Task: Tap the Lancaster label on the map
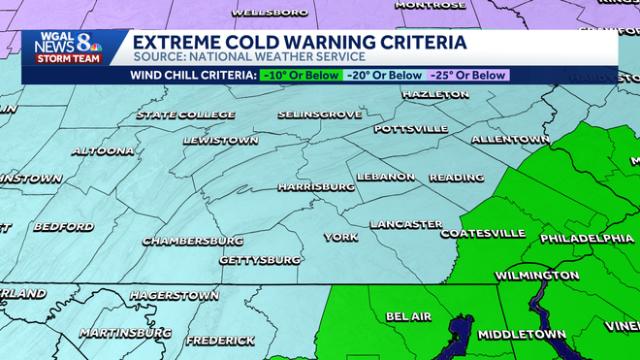coord(405,224)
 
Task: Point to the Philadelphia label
coord(587,238)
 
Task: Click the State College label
coord(185,115)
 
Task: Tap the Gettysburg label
coord(259,260)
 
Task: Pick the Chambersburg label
coord(192,241)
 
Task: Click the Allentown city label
coord(510,140)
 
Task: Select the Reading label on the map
coord(456,178)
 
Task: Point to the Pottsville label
coord(410,129)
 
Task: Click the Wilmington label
coord(536,276)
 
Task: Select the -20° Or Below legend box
coord(385,75)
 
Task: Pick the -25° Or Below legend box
coord(467,75)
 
